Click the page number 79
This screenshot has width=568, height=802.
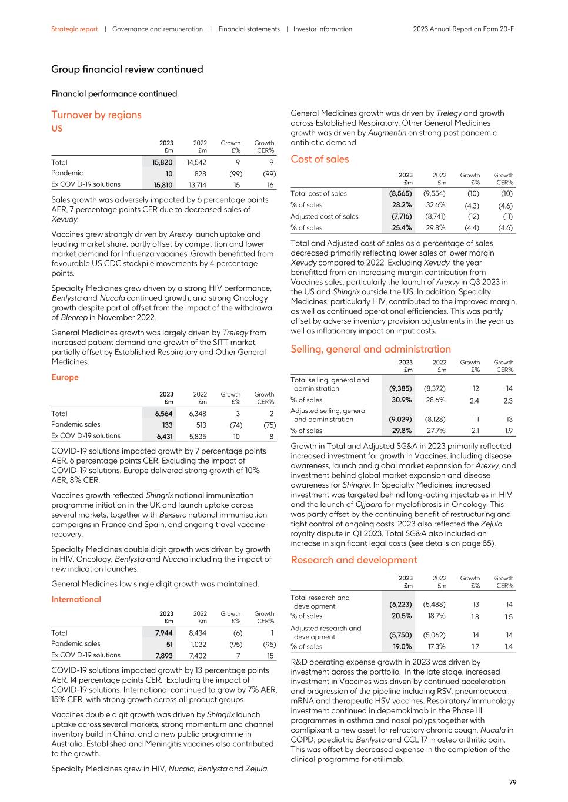512,782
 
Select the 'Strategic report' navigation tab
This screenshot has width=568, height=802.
74,29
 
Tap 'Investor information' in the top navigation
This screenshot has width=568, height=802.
322,29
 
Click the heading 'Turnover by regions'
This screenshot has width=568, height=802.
96,115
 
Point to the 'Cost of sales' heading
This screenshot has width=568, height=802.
319,159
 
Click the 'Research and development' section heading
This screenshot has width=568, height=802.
353,560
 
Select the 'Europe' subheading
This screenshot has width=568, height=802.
65,377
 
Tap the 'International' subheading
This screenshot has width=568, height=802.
76,599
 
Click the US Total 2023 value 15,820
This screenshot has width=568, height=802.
163,162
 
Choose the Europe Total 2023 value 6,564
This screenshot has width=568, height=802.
164,414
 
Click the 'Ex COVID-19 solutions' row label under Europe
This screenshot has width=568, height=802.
85,436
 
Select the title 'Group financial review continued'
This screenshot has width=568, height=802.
127,69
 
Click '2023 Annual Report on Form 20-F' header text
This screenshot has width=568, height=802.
463,29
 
